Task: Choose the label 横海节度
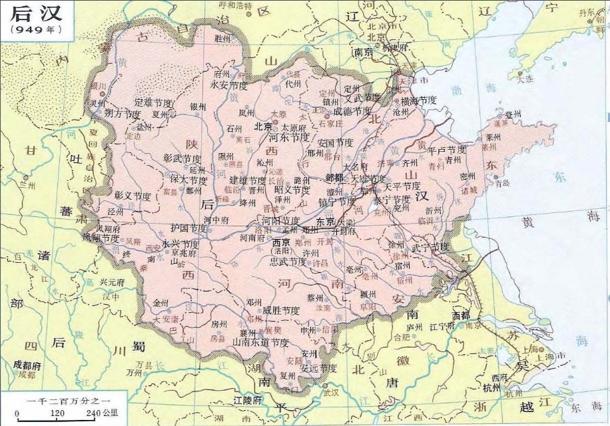coord(418,101)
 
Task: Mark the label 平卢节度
coord(447,150)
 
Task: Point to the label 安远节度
coord(318,367)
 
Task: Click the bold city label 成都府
coord(27,365)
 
